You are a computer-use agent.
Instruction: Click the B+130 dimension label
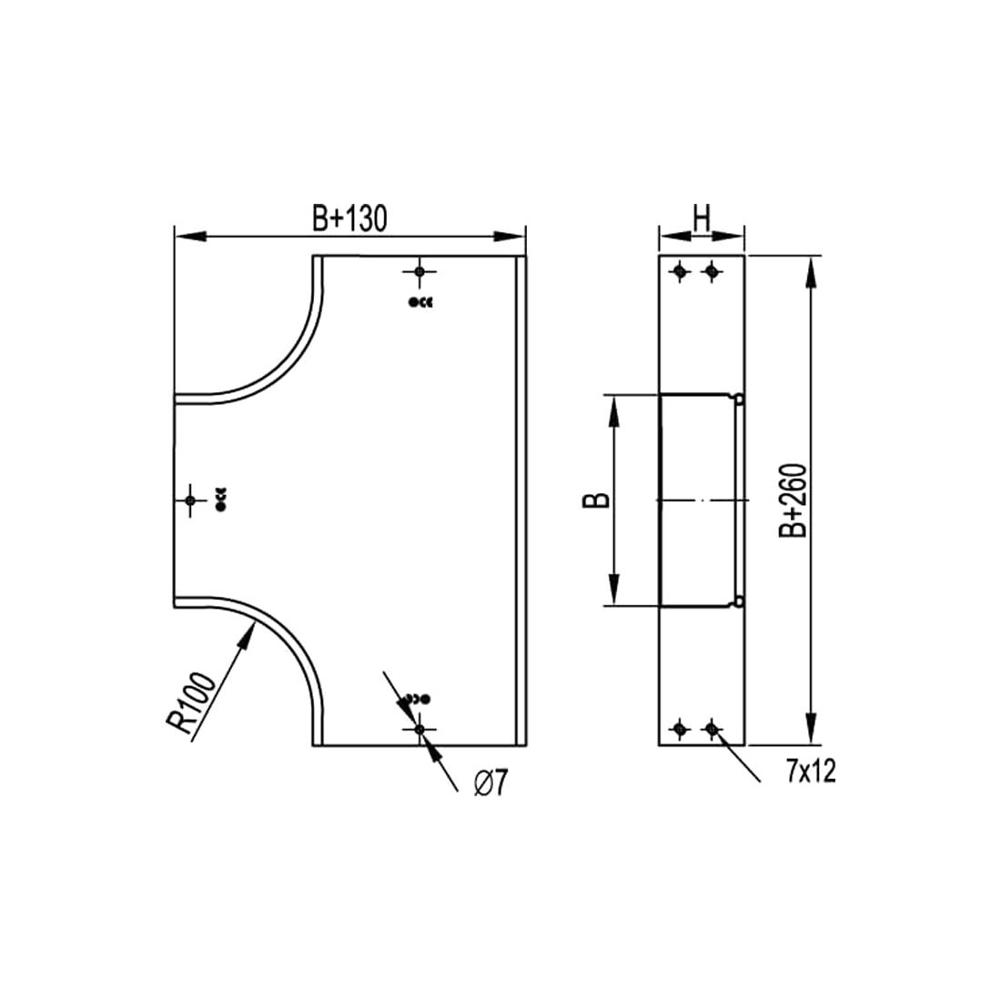[349, 218]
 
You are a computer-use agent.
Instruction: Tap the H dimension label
[702, 218]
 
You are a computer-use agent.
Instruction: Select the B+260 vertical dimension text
[794, 500]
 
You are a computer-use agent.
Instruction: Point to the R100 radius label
[191, 703]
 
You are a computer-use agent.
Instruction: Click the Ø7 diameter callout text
[490, 784]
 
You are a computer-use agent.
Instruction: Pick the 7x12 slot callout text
[811, 772]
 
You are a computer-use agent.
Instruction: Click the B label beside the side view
[596, 500]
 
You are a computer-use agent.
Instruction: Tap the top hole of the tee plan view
[420, 272]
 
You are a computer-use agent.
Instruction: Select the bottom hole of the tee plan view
[420, 728]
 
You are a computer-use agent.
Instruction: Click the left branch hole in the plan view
[189, 500]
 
